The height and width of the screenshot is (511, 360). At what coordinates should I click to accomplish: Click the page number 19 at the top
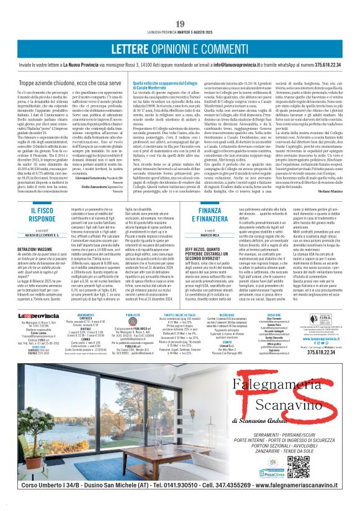[x=180, y=24]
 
